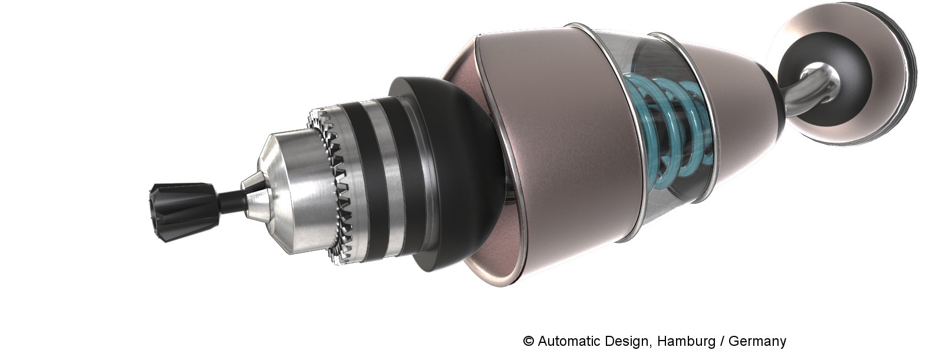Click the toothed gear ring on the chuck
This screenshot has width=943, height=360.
coord(332,185)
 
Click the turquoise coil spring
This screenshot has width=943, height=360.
coord(670,135)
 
